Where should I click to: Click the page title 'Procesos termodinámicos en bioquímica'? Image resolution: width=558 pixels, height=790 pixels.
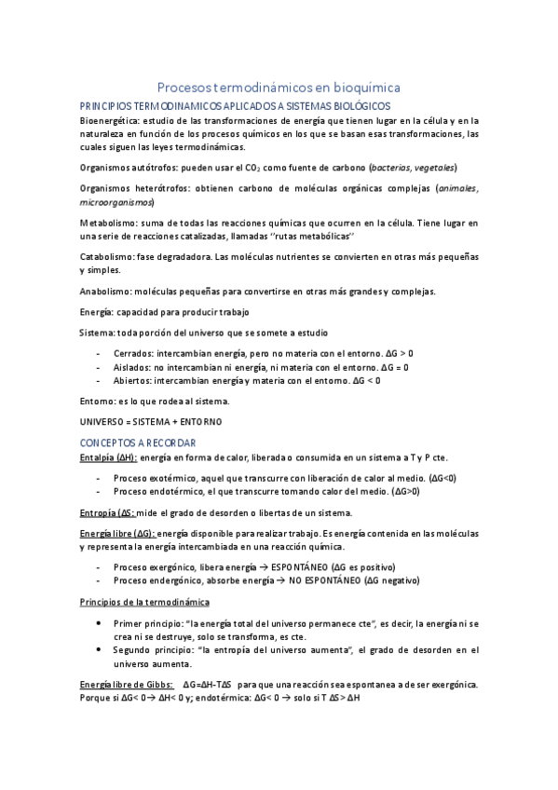click(279, 87)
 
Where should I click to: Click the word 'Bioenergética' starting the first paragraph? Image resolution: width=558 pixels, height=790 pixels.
click(107, 120)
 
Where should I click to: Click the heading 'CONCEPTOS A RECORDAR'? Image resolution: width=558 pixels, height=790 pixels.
click(138, 442)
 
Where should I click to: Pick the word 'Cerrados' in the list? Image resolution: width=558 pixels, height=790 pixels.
click(133, 354)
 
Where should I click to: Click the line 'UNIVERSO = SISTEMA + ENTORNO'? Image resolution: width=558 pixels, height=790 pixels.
click(151, 421)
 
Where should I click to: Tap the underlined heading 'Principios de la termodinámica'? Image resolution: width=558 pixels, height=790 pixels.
click(144, 602)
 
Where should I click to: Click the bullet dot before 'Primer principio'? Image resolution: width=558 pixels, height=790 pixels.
click(100, 622)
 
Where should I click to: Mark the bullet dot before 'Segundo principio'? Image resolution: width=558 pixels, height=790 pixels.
click(100, 649)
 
